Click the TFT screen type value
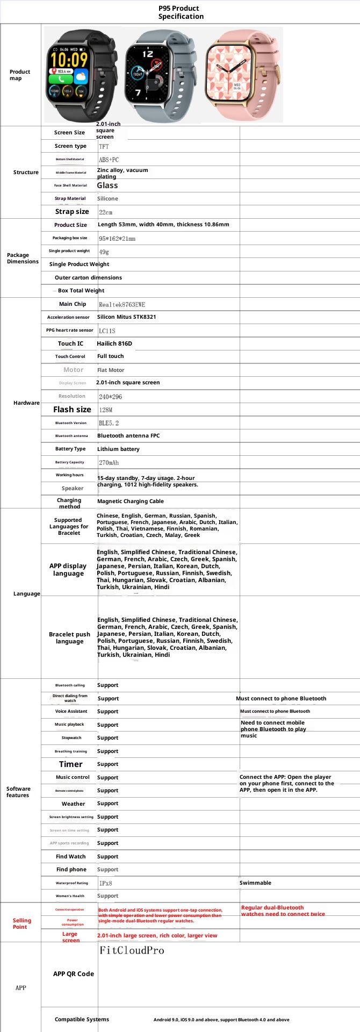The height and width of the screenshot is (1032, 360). (x=104, y=146)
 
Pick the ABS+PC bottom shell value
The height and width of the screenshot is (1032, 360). (x=109, y=160)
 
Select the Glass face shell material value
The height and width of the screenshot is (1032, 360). (x=107, y=185)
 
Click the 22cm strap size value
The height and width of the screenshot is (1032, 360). (x=105, y=212)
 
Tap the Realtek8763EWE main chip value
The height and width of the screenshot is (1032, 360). (x=122, y=304)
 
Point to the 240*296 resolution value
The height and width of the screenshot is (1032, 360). (x=110, y=397)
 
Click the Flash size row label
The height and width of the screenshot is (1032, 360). (x=72, y=410)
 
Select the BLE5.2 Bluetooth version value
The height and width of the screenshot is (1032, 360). (x=109, y=423)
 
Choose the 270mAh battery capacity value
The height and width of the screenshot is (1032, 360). (x=109, y=463)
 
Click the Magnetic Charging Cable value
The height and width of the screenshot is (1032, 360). (x=131, y=501)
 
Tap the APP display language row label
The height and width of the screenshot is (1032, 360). (x=68, y=570)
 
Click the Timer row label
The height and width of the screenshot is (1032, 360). (x=71, y=764)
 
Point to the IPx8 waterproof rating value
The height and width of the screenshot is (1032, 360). (x=105, y=883)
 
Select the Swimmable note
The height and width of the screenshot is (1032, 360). (x=255, y=883)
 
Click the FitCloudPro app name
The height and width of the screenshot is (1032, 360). (x=132, y=950)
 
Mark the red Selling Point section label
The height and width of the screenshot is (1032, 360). (x=21, y=923)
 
